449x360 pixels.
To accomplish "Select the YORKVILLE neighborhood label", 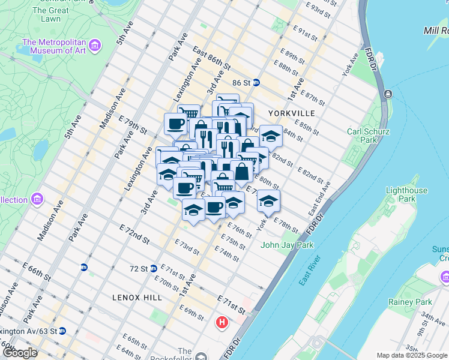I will pos(291,113).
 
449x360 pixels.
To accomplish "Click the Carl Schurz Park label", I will pos(362,136).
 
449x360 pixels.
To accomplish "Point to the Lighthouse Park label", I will pos(406,194).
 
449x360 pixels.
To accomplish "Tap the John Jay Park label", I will pos(287,245).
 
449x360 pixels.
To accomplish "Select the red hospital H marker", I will pos(222,323).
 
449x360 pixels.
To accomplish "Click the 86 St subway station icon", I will pos(256,82).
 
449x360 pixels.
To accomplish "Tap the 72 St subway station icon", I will pos(154,268).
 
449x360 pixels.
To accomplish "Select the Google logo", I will pos(20,353).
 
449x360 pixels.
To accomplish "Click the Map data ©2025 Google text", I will pos(412,355).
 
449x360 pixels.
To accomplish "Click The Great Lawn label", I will pos(50,14).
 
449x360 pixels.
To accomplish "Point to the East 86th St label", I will pos(212,59).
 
